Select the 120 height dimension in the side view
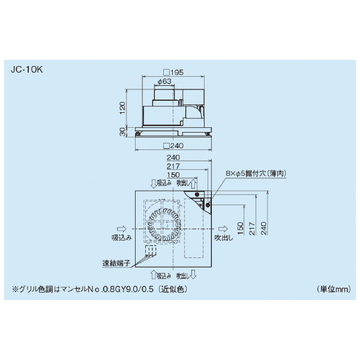[122, 108]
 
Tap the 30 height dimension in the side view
[122, 132]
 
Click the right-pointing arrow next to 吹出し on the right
[222, 229]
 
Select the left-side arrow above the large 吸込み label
[120, 229]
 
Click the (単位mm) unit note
[333, 289]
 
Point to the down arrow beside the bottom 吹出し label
[194, 275]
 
